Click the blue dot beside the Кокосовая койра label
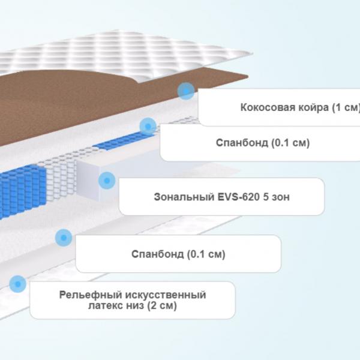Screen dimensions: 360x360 tap(186, 91)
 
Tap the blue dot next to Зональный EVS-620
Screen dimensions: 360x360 tap(107, 181)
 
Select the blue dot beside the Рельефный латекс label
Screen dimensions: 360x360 tap(17, 284)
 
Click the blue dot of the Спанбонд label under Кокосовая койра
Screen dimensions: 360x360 tap(148, 126)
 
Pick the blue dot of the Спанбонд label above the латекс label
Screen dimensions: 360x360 tap(64, 238)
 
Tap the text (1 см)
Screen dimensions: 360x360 tap(346, 107)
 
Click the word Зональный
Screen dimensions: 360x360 tap(184, 197)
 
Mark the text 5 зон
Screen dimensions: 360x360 tap(276, 197)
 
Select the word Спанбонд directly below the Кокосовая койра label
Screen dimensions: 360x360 tap(242, 143)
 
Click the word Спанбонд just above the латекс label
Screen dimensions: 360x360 tap(157, 254)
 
